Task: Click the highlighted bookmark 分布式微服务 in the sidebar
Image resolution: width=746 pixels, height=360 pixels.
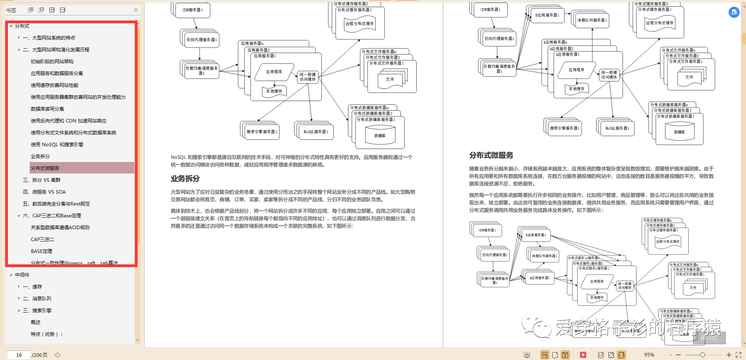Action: click(x=45, y=168)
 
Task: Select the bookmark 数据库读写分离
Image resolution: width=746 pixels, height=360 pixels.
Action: click(x=47, y=109)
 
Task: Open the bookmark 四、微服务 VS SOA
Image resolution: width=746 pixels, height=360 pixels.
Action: click(x=44, y=192)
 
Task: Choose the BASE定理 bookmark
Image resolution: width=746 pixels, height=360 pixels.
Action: click(x=42, y=251)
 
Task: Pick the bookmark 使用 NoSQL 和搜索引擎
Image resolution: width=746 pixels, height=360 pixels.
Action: click(x=57, y=144)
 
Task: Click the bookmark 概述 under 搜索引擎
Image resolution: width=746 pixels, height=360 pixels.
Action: click(x=36, y=322)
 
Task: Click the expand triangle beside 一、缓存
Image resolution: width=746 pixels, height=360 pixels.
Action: click(x=19, y=286)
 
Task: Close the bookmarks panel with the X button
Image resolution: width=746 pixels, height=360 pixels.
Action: click(x=136, y=10)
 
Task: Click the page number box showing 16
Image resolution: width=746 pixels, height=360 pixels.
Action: click(x=19, y=355)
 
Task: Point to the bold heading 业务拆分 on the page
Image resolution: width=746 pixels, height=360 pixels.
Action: click(x=185, y=179)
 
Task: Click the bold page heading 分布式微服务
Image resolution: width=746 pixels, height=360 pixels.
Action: click(x=491, y=155)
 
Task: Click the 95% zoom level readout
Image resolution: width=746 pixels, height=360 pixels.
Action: click(x=649, y=355)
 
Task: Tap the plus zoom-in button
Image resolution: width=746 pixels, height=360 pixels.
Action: click(x=729, y=355)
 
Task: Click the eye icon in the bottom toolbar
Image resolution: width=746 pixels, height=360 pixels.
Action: click(x=527, y=355)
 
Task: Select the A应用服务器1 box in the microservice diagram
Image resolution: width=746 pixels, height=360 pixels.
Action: click(x=539, y=278)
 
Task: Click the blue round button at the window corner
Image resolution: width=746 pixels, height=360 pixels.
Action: click(x=734, y=12)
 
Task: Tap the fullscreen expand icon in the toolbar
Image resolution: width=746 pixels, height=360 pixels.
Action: click(x=738, y=355)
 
